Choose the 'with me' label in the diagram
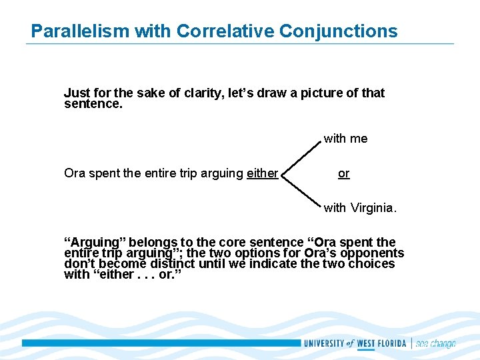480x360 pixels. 345,139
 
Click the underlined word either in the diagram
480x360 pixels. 262,173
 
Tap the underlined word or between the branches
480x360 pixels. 343,173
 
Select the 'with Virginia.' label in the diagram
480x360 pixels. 360,208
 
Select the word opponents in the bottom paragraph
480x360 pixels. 374,253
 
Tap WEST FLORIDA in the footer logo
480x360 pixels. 383,343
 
